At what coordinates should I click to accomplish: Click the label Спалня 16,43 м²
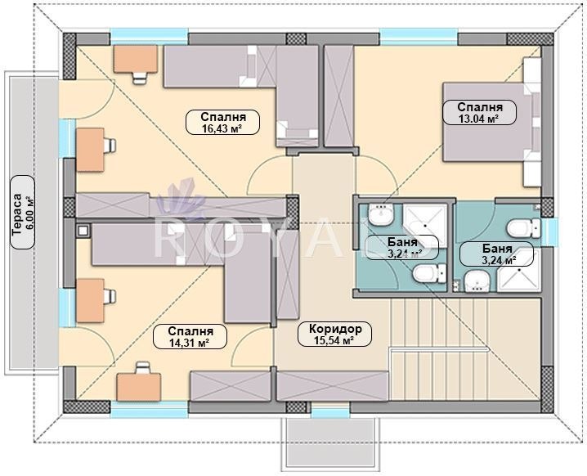[x=222, y=122]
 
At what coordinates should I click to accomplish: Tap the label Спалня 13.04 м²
[x=480, y=112]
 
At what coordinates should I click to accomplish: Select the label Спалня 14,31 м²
[x=190, y=337]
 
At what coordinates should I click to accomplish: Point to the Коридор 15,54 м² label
[x=334, y=334]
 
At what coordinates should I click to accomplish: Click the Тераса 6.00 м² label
[x=22, y=212]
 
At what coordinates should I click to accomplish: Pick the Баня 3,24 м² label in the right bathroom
[x=497, y=254]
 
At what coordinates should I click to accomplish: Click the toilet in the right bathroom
[x=523, y=228]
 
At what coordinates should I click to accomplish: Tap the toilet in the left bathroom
[x=429, y=273]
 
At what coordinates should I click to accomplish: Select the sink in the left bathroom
[x=381, y=214]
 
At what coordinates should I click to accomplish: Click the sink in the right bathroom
[x=477, y=281]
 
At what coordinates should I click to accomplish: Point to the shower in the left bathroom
[x=425, y=226]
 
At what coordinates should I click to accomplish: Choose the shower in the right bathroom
[x=518, y=270]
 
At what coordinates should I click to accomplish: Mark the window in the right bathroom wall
[x=549, y=228]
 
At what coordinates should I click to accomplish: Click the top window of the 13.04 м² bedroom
[x=419, y=37]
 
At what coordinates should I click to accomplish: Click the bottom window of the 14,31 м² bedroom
[x=149, y=410]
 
